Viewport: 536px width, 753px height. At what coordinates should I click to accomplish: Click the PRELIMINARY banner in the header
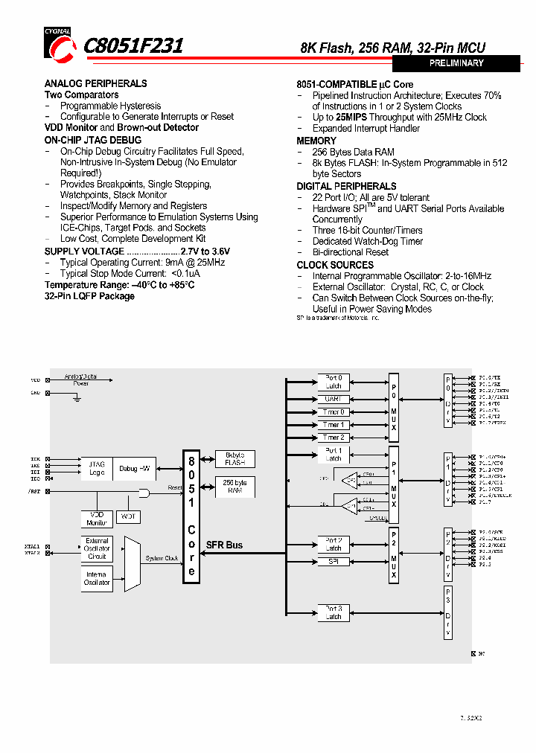coord(456,63)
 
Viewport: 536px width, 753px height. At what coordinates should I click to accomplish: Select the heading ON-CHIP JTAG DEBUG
coord(92,140)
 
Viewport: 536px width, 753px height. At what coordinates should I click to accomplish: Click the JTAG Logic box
coord(97,468)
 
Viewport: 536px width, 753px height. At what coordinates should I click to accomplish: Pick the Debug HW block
coord(134,468)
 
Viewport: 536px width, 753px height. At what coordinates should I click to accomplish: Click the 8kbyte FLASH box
coord(234,458)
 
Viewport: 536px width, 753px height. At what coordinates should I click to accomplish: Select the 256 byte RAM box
coord(234,487)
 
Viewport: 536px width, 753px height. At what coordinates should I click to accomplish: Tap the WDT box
coord(129,516)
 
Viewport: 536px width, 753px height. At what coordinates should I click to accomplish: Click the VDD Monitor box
coord(96,519)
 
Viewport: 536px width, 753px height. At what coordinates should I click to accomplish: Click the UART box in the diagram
coord(334,399)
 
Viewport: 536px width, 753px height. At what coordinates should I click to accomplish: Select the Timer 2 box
coord(334,438)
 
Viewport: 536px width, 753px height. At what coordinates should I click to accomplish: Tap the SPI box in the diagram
coord(334,562)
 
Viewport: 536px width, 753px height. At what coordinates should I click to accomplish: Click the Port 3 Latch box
coord(334,612)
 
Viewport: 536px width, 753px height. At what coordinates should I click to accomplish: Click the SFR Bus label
coord(224,545)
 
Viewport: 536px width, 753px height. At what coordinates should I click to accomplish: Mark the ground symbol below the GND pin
coord(76,399)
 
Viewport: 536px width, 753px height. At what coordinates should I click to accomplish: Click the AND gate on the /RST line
coord(144,493)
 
